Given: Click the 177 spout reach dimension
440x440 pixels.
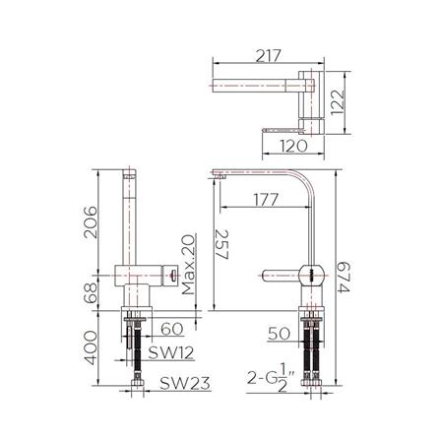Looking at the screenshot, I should tap(263, 198).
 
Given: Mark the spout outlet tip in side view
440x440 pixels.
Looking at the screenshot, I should tap(216, 176).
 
